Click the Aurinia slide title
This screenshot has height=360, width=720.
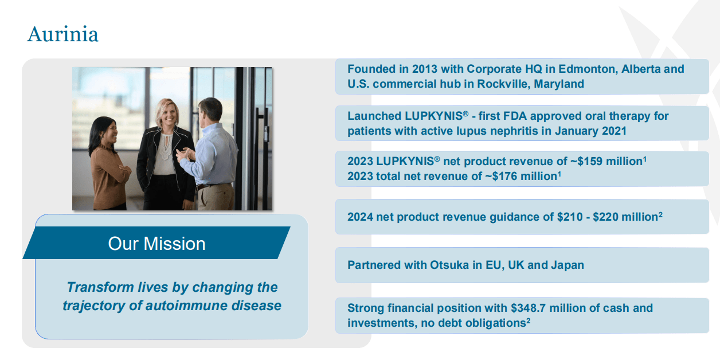click(x=62, y=34)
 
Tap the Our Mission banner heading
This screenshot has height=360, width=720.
click(x=156, y=244)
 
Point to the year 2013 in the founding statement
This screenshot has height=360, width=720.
click(x=425, y=69)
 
